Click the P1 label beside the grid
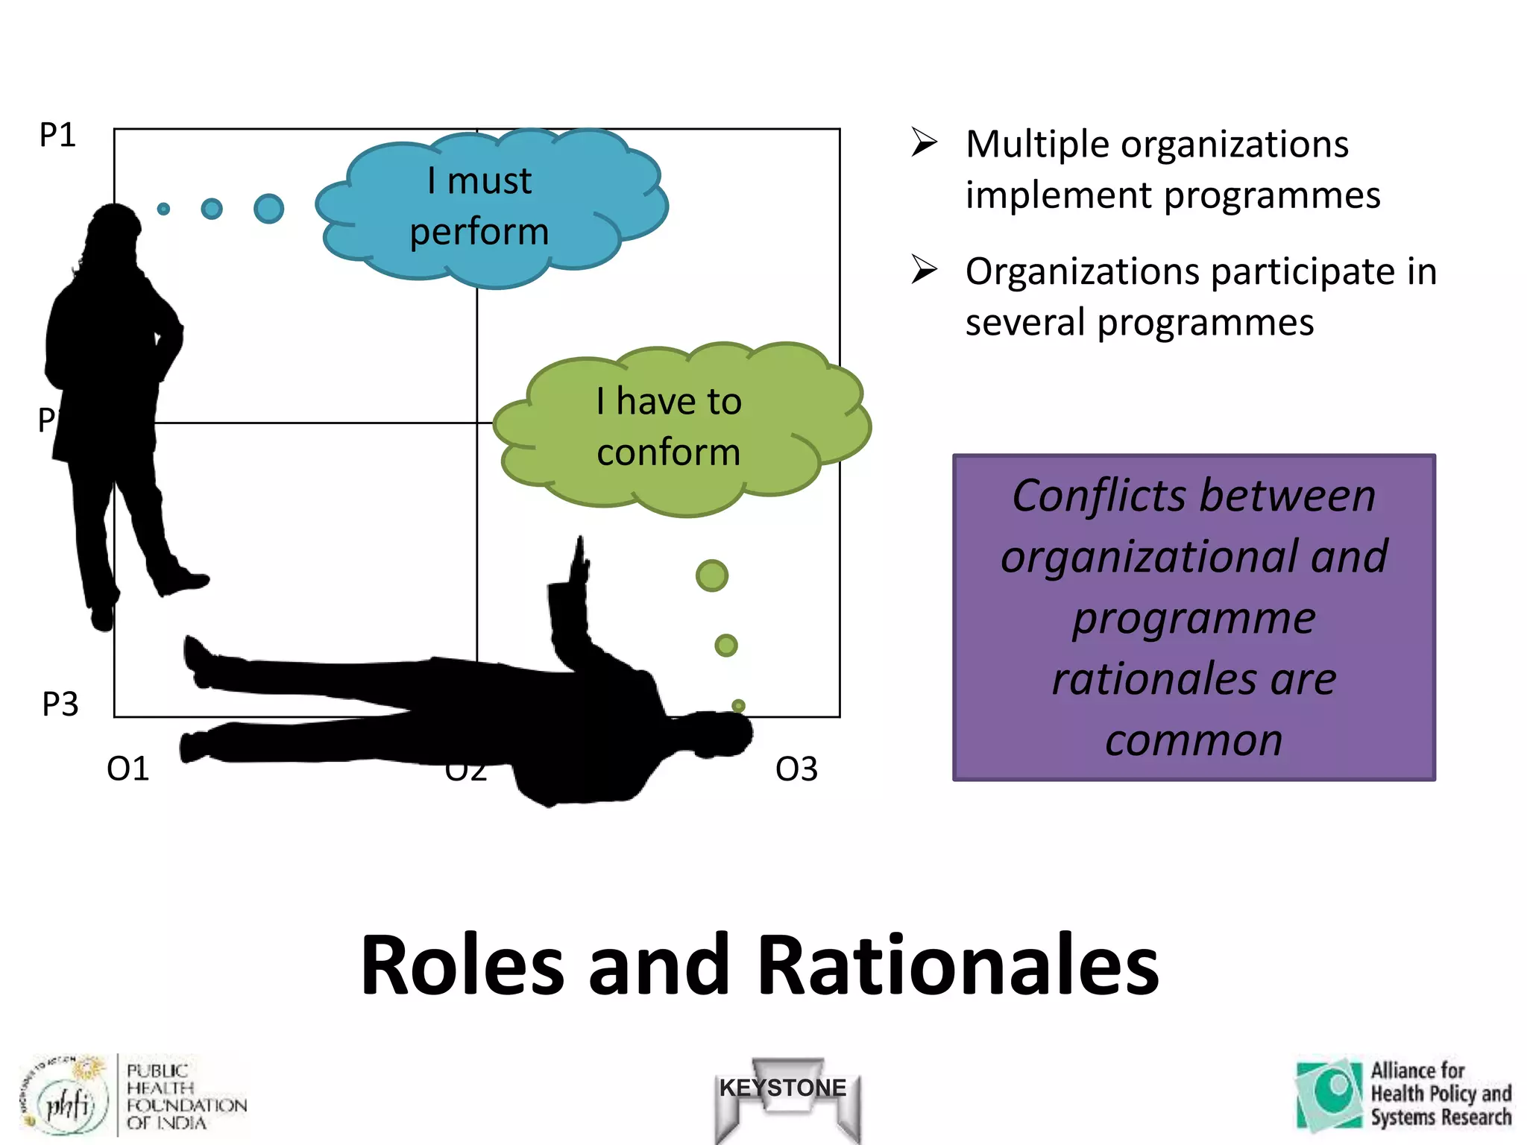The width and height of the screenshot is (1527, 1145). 57,136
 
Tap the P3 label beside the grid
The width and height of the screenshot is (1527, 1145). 60,704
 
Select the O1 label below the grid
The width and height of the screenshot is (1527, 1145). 128,769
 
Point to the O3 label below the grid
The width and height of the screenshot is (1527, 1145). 796,769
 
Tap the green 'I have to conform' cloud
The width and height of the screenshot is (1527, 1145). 679,428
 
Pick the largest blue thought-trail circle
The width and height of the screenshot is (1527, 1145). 268,209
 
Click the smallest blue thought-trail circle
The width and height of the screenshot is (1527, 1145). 163,209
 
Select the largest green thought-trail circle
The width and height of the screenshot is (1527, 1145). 711,575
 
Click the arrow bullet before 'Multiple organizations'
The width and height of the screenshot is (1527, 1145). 924,142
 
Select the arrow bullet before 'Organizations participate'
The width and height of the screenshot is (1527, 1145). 924,269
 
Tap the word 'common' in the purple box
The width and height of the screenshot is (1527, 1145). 1194,740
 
